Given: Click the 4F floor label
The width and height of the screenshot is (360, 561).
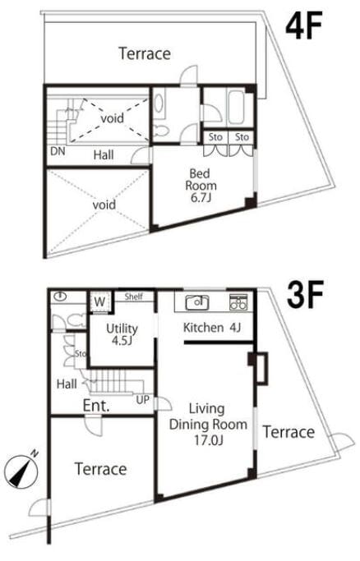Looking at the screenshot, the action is pyautogui.click(x=304, y=25).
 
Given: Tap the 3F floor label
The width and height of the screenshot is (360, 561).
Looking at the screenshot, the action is pyautogui.click(x=306, y=294).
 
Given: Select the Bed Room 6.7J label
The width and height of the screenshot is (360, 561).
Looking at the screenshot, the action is pyautogui.click(x=201, y=186).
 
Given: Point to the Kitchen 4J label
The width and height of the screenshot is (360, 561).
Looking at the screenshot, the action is pyautogui.click(x=212, y=327).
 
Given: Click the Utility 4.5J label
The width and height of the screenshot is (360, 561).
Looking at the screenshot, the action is pyautogui.click(x=122, y=334).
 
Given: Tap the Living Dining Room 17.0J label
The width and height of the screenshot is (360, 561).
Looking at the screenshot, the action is pyautogui.click(x=208, y=425).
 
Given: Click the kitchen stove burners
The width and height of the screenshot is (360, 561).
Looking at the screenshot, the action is pyautogui.click(x=238, y=302).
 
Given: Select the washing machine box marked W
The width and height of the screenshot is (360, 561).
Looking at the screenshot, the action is pyautogui.click(x=99, y=302).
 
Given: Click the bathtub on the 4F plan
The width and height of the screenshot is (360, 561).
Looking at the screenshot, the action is pyautogui.click(x=235, y=107).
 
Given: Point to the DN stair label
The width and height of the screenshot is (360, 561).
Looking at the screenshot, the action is pyautogui.click(x=58, y=151).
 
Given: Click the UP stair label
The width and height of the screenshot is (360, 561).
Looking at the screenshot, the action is pyautogui.click(x=142, y=400).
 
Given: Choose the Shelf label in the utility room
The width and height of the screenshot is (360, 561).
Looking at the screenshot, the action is pyautogui.click(x=134, y=297).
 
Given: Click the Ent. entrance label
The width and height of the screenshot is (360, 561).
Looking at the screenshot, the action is pyautogui.click(x=96, y=406).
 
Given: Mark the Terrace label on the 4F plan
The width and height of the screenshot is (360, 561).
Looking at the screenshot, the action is pyautogui.click(x=145, y=53).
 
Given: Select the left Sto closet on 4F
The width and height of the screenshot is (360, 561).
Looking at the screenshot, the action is pyautogui.click(x=215, y=137).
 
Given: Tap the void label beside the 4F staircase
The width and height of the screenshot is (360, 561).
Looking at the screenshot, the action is pyautogui.click(x=113, y=118).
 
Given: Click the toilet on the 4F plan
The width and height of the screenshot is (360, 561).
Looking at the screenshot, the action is pyautogui.click(x=160, y=131).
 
